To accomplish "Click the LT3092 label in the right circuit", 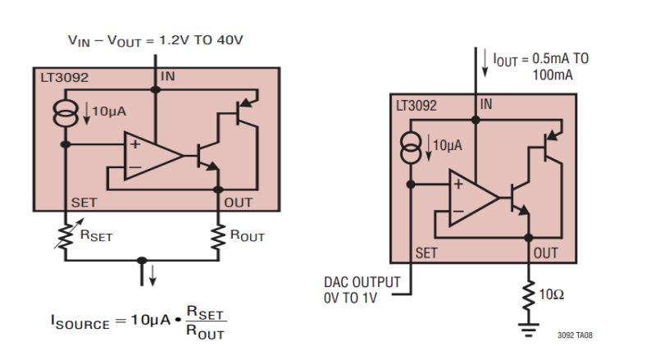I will [x=416, y=106].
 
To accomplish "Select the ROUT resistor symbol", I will [x=219, y=235].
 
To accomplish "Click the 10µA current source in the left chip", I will [x=66, y=112].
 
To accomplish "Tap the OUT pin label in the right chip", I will [x=546, y=253].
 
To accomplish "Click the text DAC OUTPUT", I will [x=362, y=283].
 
